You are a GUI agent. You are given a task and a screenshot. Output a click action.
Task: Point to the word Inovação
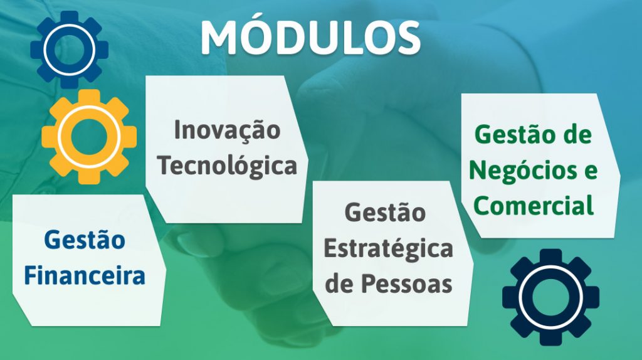[x=227, y=130]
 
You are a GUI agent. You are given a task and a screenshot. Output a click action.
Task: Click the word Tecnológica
[x=227, y=166]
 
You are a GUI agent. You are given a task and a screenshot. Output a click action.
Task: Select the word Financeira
[x=85, y=275]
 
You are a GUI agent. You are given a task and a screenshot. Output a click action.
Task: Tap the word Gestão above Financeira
[x=85, y=240]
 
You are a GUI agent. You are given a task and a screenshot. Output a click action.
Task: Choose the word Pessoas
[x=406, y=283]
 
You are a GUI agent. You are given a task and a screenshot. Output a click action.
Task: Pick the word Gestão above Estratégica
[x=386, y=213]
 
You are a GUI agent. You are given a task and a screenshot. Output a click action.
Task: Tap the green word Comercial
[x=534, y=205]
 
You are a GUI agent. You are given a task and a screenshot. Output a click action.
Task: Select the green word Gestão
[x=515, y=134]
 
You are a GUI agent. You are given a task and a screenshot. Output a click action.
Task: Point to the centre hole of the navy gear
[x=550, y=297]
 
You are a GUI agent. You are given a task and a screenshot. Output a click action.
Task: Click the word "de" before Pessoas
[x=339, y=283]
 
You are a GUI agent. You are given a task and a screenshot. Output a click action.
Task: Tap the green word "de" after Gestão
[x=577, y=134]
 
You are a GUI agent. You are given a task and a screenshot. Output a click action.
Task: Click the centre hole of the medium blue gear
[x=69, y=50]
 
